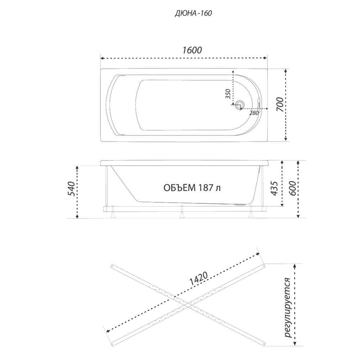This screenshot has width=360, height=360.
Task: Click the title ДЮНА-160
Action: point(193,14)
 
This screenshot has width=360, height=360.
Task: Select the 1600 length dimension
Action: point(192,50)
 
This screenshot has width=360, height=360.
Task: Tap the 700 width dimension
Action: point(280,105)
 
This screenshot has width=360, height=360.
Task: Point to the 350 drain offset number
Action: point(228,94)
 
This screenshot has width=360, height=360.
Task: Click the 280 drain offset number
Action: point(254,113)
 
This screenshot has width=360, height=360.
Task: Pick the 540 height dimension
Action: point(71,189)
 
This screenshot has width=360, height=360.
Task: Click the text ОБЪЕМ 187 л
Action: point(192,188)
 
